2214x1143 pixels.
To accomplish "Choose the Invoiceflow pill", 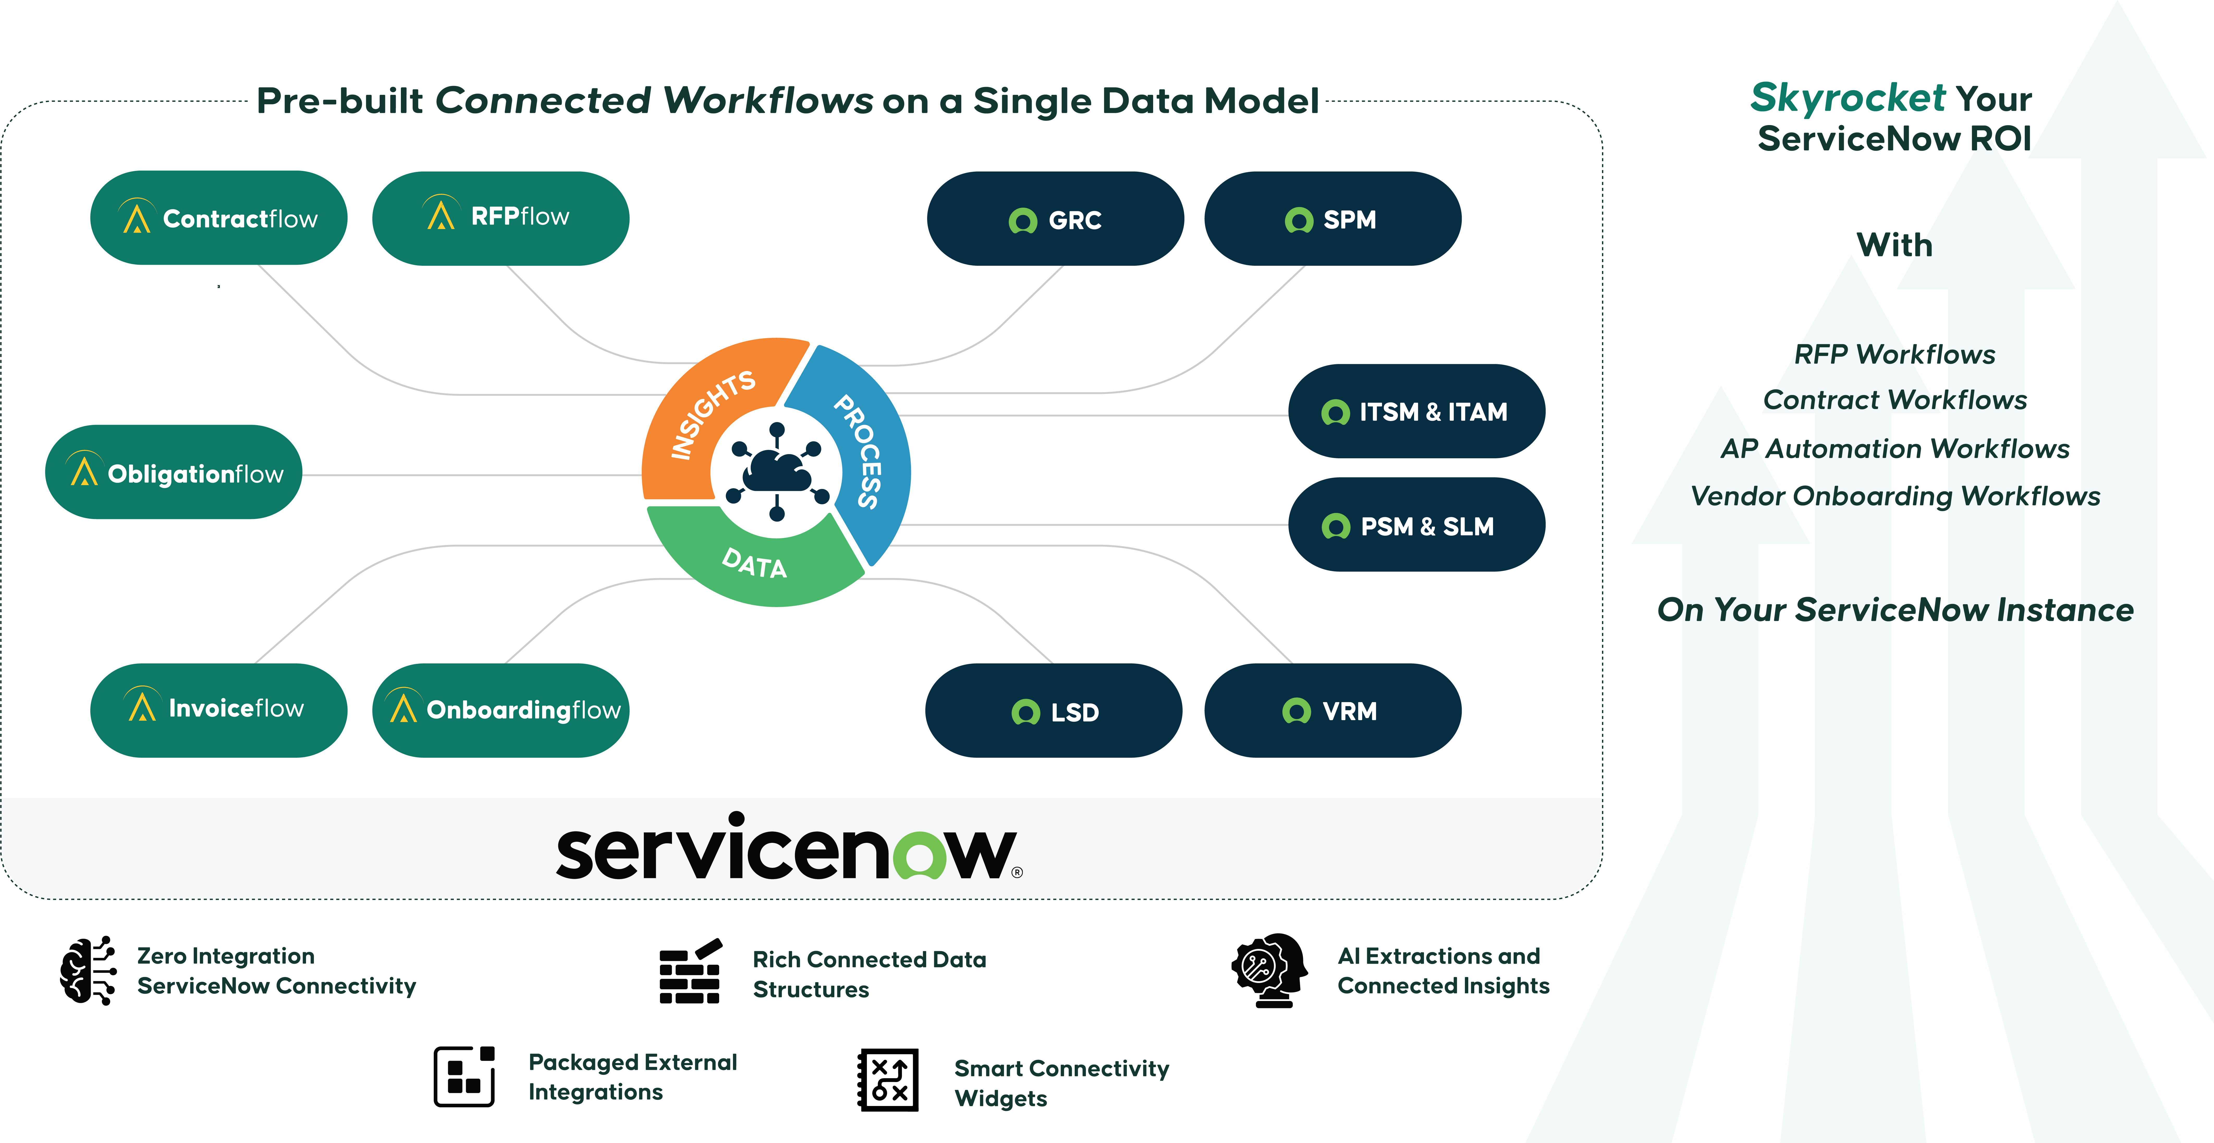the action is coord(218,710).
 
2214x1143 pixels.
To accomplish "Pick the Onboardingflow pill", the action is coord(500,710).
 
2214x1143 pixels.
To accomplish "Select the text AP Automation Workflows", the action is coord(1895,449).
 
